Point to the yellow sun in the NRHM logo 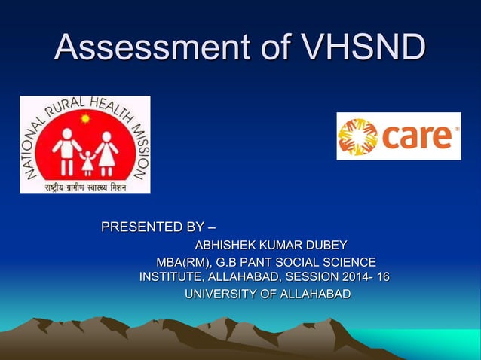(x=85, y=120)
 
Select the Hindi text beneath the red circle (x=84, y=185)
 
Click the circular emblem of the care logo (x=357, y=136)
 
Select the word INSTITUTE (x=167, y=277)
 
